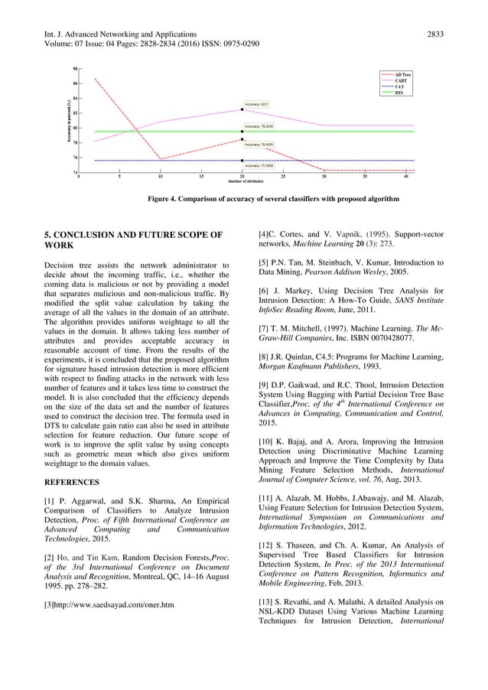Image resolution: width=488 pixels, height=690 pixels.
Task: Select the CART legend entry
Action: (x=399, y=80)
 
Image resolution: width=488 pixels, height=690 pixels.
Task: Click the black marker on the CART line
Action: (x=242, y=109)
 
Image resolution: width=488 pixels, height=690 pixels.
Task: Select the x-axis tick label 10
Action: (x=160, y=176)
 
